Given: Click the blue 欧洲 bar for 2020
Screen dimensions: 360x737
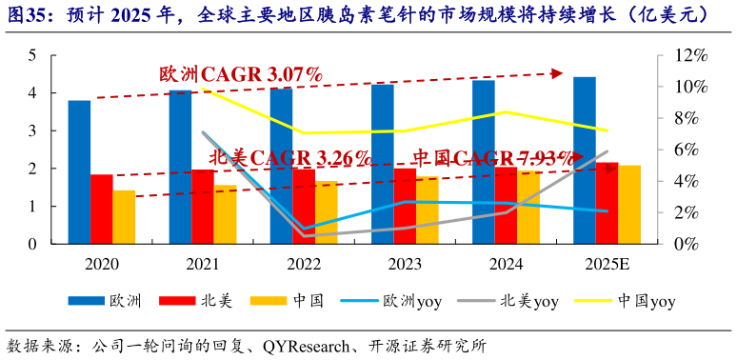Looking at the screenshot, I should coord(79,171).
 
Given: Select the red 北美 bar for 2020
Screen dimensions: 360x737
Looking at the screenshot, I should coord(102,209).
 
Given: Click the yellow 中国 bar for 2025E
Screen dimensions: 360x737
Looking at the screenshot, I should coord(629,204).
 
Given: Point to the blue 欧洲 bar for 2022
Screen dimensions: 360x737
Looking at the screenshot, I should coord(281,166).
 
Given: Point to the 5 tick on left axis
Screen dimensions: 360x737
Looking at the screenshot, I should coord(31,56).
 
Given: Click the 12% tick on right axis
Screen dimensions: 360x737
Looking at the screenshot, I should coord(688,56).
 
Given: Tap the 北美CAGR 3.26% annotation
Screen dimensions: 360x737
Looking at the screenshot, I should coord(289,157).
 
